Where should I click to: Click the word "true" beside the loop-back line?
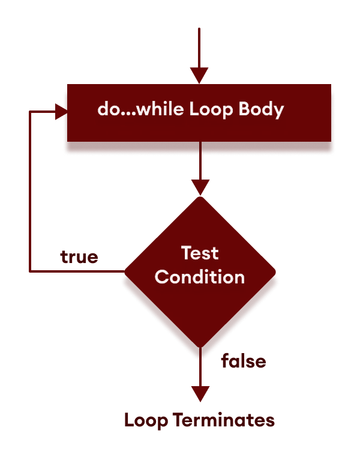pos(79,257)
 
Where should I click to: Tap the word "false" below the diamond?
pos(243,362)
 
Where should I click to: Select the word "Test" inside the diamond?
pos(200,253)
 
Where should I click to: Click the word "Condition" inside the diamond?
pos(200,277)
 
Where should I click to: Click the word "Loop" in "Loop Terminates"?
pos(146,420)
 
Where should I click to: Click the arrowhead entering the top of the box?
pos(199,76)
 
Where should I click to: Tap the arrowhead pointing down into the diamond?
pos(199,187)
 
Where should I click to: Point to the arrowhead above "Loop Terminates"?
pos(199,393)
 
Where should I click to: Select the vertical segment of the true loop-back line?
pos(30,192)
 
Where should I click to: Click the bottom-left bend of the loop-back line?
pos(30,271)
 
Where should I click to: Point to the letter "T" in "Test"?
pos(186,253)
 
